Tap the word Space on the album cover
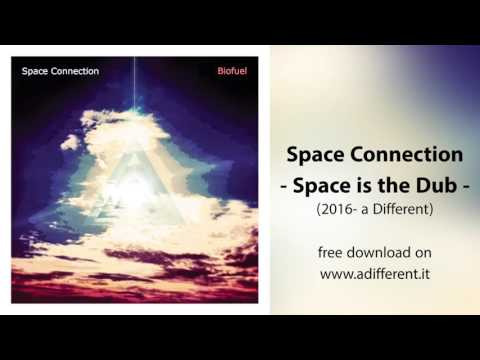36,72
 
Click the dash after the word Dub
463,187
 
